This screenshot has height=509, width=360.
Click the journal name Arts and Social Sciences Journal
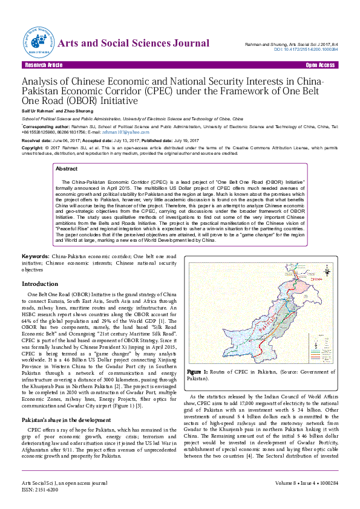coord(134,42)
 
